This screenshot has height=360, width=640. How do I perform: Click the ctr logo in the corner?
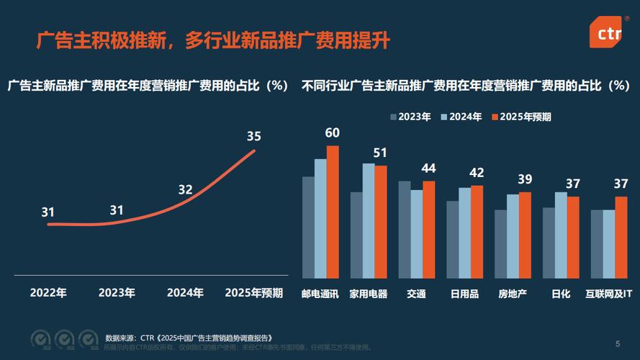608,33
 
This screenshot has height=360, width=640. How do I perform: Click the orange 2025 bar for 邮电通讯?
332,212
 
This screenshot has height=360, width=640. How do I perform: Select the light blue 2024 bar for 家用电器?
368,221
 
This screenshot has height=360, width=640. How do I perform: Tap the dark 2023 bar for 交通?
405,230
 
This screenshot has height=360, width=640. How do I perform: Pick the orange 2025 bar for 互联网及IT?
621,238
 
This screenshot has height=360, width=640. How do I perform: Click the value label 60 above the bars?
332,133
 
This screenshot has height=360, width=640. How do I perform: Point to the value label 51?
380,153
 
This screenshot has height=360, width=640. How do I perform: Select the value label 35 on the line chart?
254,136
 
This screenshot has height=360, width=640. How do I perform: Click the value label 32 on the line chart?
185,190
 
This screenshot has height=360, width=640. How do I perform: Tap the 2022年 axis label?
48,293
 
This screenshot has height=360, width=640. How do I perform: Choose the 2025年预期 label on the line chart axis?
254,293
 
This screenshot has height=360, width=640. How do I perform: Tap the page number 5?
617,343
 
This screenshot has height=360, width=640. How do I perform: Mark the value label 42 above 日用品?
477,173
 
